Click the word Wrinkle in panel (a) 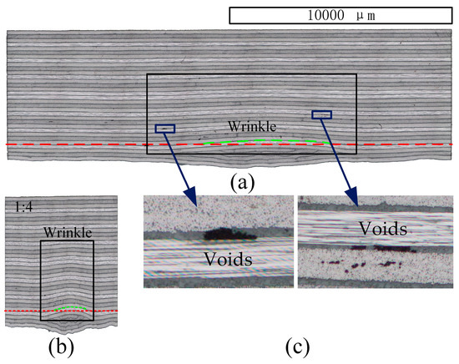(x=253, y=127)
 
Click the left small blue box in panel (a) (x=165, y=128)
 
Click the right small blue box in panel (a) (x=321, y=114)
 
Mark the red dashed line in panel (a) (x=83, y=144)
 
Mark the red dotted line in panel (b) (x=25, y=311)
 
